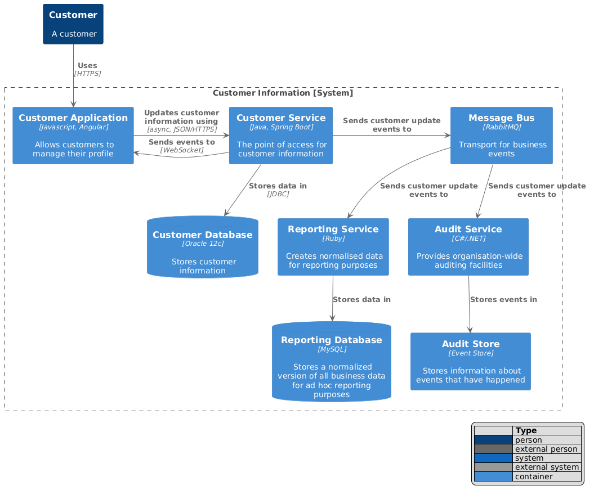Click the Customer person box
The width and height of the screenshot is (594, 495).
coord(73,24)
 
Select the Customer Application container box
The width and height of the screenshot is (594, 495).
coord(73,136)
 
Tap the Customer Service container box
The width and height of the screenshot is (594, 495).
coord(281,136)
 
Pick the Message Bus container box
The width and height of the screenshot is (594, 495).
coord(502,136)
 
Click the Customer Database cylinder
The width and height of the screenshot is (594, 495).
coord(203,247)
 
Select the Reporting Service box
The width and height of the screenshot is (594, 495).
coord(333,247)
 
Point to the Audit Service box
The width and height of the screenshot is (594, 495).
coord(468,247)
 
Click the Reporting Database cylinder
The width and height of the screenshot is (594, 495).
coord(332,362)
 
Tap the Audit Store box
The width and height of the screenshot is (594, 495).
coord(471,361)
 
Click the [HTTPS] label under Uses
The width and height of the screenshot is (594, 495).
coord(87,74)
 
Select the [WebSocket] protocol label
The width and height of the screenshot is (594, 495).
coord(182,150)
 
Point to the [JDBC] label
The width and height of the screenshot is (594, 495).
coord(278,194)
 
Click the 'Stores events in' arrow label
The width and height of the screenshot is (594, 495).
coord(503,300)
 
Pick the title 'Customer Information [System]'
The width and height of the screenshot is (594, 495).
coord(283,93)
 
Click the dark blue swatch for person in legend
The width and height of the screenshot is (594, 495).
coord(493,440)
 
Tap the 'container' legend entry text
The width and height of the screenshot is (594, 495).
coord(534,477)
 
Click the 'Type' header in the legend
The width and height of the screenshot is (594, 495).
coord(527,431)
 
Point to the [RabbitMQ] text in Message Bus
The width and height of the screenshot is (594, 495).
coord(502,127)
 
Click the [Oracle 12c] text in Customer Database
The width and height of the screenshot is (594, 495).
coord(203,244)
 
